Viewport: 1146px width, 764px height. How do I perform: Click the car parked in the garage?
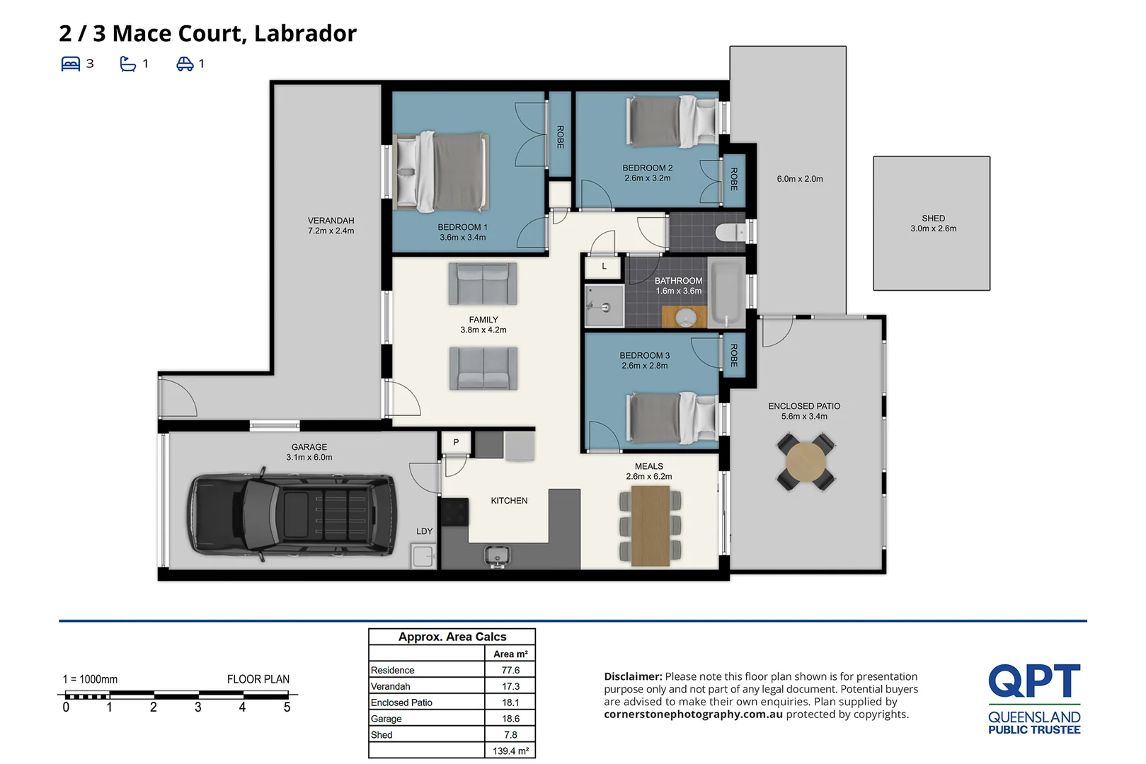(x=292, y=514)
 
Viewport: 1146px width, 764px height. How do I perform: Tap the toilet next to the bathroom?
(x=731, y=233)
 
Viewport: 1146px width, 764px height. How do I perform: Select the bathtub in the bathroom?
(x=726, y=292)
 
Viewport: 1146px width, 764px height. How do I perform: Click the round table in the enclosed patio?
(x=806, y=462)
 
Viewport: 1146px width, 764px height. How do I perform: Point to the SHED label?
(x=933, y=219)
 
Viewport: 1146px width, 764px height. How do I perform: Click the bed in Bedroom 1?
(x=441, y=172)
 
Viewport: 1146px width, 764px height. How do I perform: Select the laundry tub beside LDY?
(x=423, y=556)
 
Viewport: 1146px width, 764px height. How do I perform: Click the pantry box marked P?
(x=456, y=442)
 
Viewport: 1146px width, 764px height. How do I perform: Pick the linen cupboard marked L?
(x=604, y=267)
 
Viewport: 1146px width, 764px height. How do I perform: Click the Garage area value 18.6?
(x=510, y=719)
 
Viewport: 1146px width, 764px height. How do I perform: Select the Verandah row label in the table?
(x=390, y=686)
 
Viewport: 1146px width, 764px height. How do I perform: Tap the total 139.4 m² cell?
(x=510, y=751)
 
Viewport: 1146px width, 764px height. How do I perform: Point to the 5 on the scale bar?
(x=287, y=707)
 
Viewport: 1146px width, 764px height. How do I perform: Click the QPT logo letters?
(x=1034, y=681)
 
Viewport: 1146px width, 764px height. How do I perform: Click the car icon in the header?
(x=185, y=64)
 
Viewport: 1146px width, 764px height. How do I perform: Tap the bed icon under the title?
(x=71, y=64)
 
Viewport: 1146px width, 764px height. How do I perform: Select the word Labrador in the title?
(x=305, y=33)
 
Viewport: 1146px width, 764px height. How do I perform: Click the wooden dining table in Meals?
(x=651, y=526)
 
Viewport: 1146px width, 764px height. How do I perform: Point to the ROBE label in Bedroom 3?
(x=733, y=355)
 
